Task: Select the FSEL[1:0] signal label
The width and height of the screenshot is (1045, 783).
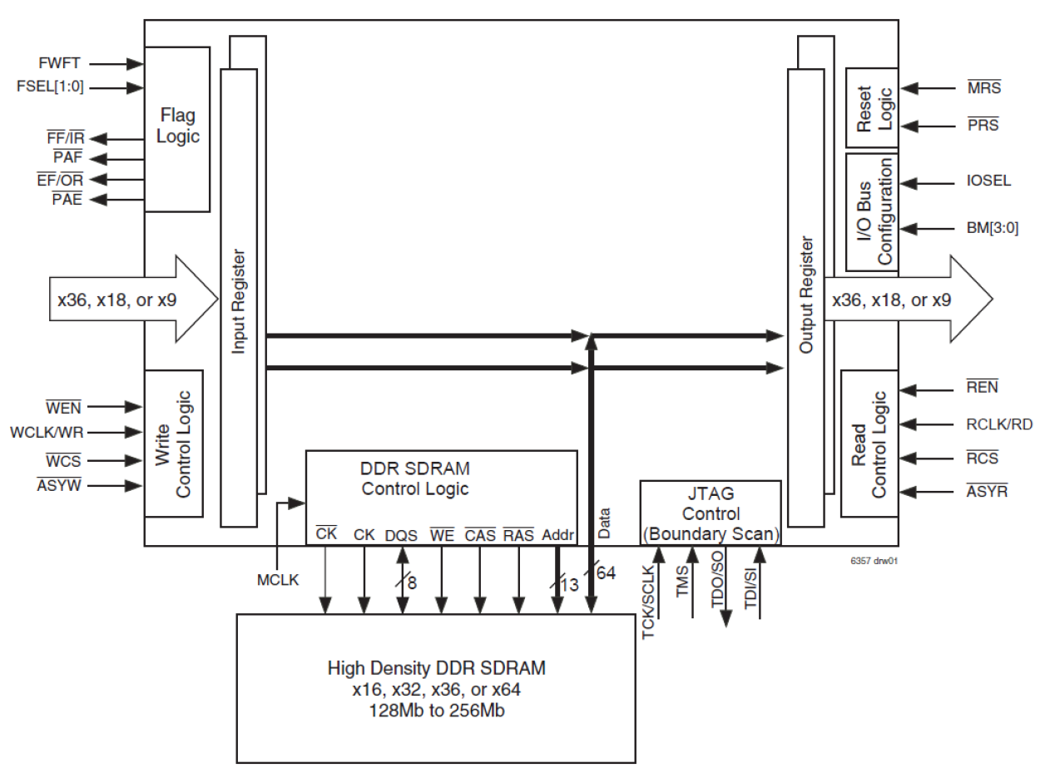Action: (x=50, y=87)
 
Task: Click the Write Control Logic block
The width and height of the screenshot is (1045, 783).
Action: (x=173, y=444)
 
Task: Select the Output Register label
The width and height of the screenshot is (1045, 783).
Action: (x=805, y=295)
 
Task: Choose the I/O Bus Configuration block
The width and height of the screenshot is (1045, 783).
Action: (x=871, y=211)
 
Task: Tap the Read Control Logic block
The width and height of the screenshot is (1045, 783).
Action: (x=869, y=444)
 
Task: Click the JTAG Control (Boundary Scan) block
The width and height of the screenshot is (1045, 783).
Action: (x=710, y=513)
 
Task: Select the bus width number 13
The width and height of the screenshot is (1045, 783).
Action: (x=569, y=584)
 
